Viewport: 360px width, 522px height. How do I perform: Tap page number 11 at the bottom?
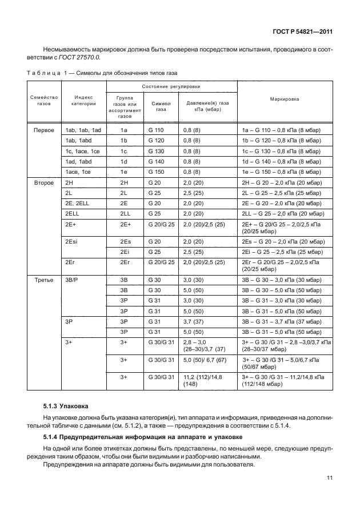click(329, 489)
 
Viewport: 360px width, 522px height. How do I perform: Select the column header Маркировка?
click(285, 98)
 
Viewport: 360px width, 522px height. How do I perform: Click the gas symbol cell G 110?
click(155, 130)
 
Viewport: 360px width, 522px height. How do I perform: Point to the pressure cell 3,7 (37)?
click(193, 321)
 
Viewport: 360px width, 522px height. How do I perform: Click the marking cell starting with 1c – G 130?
click(281, 151)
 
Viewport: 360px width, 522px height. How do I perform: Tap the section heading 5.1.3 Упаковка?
click(66, 406)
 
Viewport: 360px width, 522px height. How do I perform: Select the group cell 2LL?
click(125, 213)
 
